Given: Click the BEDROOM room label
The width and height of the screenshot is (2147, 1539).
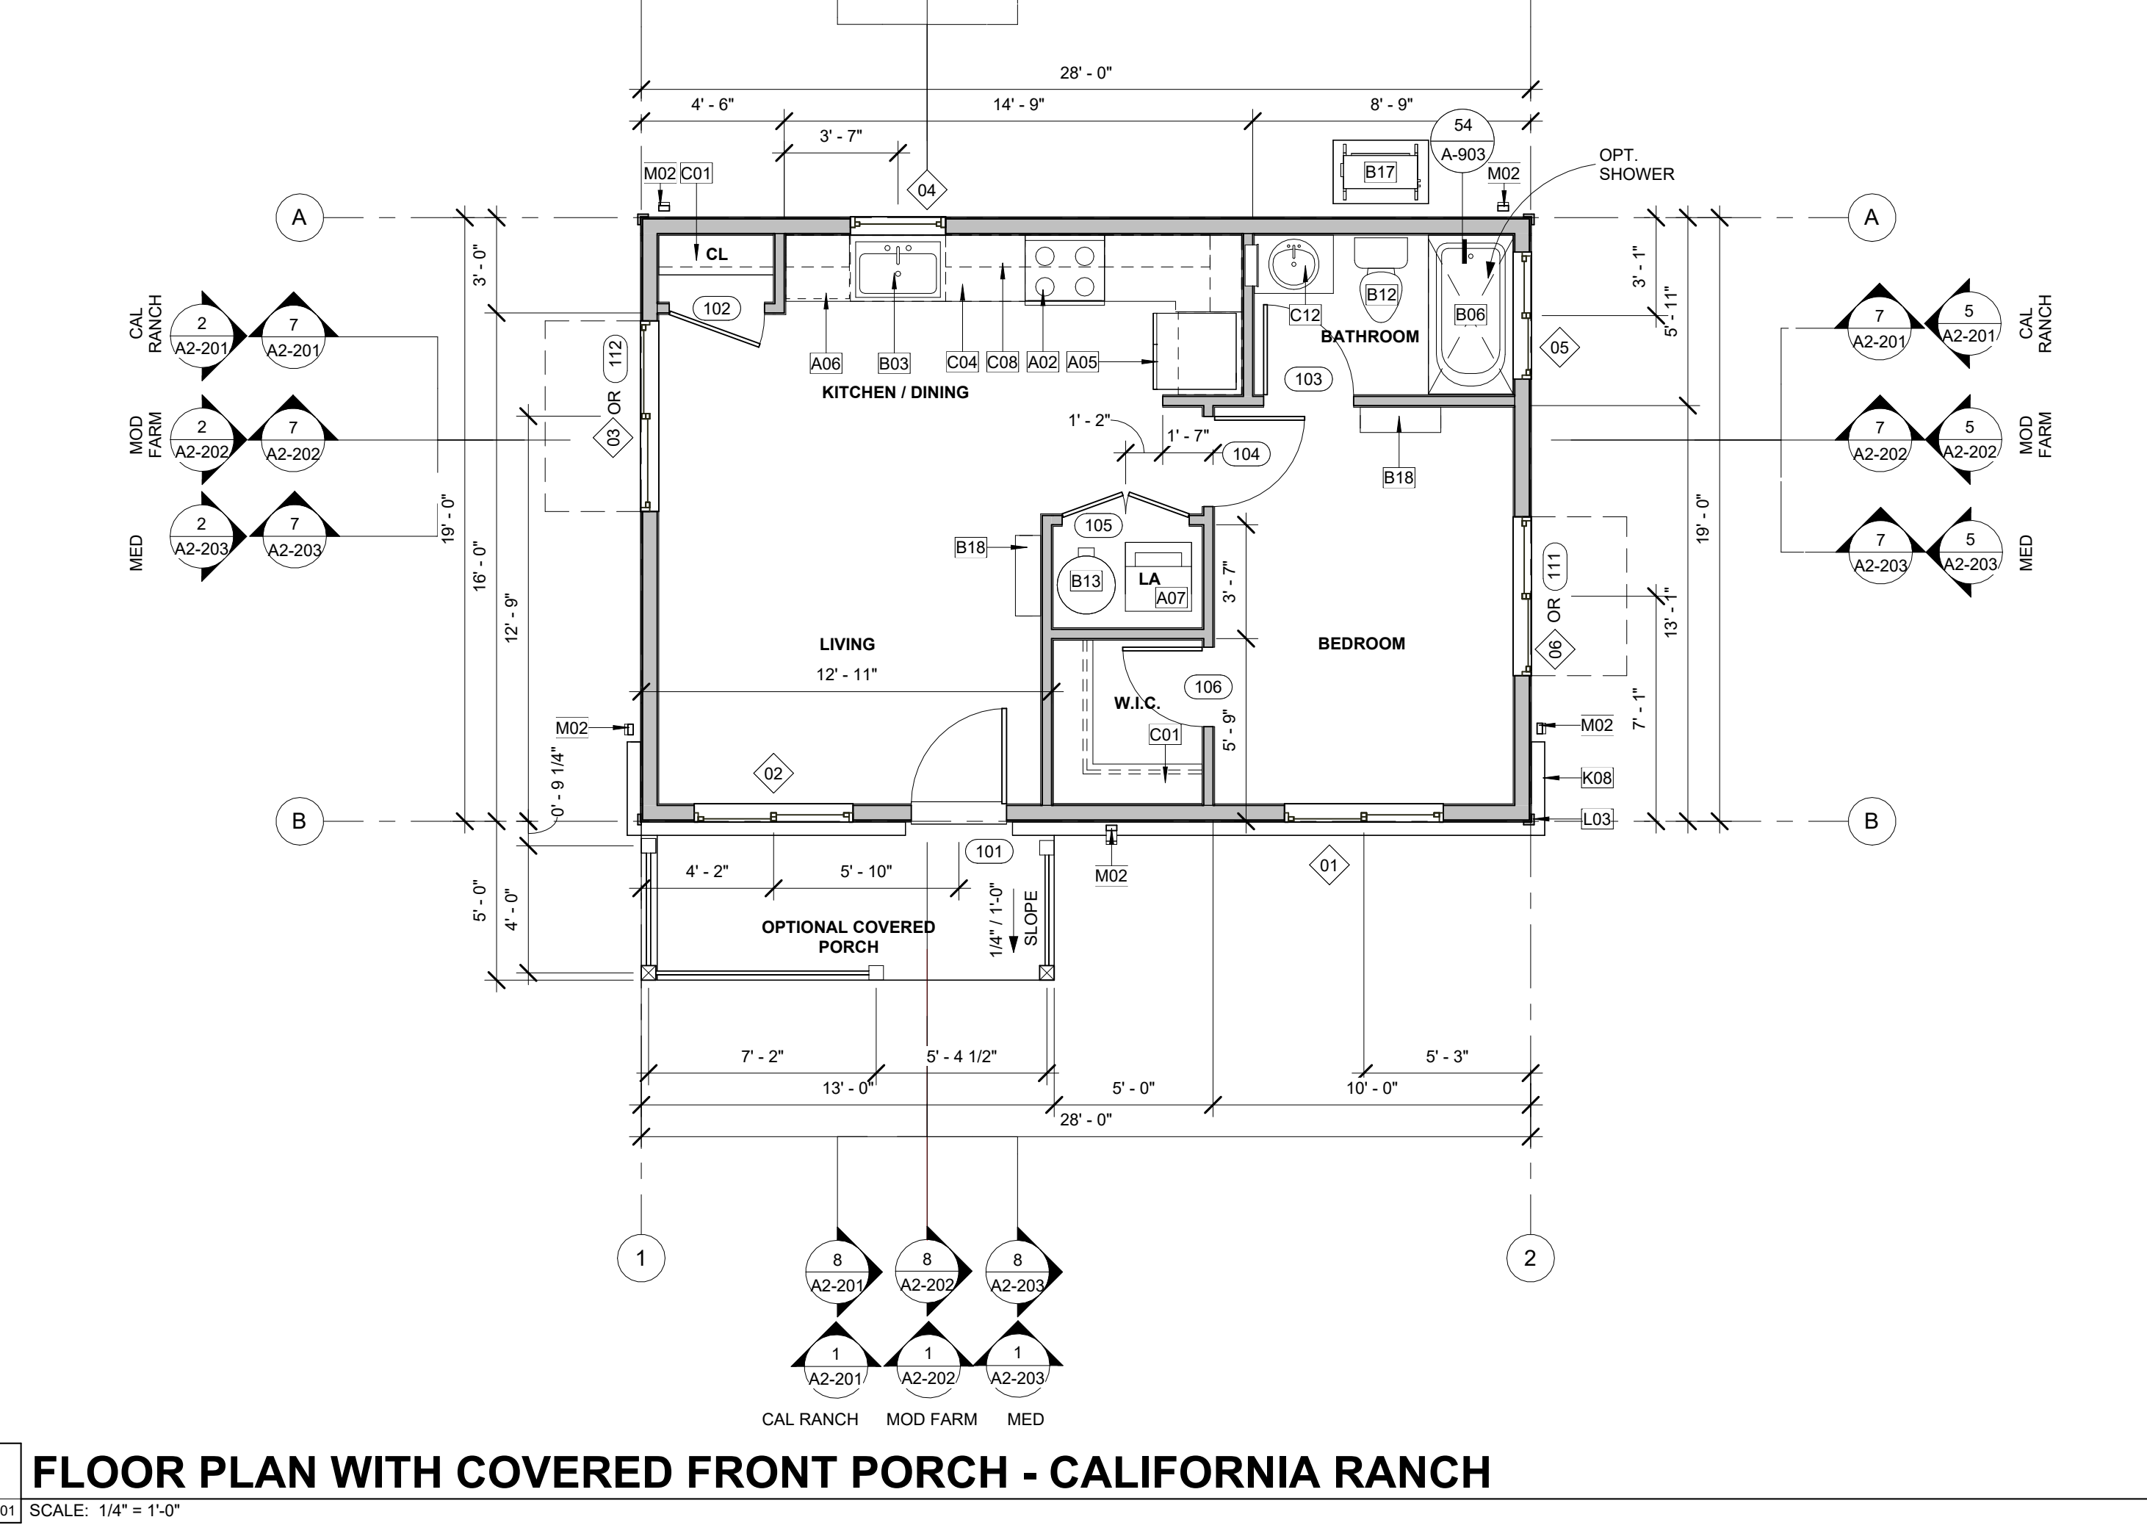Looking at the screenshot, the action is [1361, 644].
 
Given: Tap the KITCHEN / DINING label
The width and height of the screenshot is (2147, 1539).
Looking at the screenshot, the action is [895, 392].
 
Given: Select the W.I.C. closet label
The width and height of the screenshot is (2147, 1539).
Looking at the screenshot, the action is [1137, 703].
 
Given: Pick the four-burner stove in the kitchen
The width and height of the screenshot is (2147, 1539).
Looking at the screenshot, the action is [1065, 270].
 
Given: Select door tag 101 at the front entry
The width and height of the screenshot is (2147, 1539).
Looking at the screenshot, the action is [989, 851].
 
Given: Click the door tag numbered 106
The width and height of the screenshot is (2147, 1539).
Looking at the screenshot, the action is [1208, 687].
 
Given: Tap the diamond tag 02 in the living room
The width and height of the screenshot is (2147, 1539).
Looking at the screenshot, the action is [773, 774].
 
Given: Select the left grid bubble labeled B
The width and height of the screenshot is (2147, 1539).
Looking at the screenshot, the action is [299, 821].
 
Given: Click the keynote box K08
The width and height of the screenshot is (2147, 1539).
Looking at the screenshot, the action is [1597, 778].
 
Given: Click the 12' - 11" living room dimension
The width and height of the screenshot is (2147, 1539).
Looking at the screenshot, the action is [846, 675].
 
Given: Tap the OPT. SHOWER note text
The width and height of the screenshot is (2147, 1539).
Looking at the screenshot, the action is [1637, 165].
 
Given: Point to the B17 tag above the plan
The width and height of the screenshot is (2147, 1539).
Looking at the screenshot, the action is [1379, 172].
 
